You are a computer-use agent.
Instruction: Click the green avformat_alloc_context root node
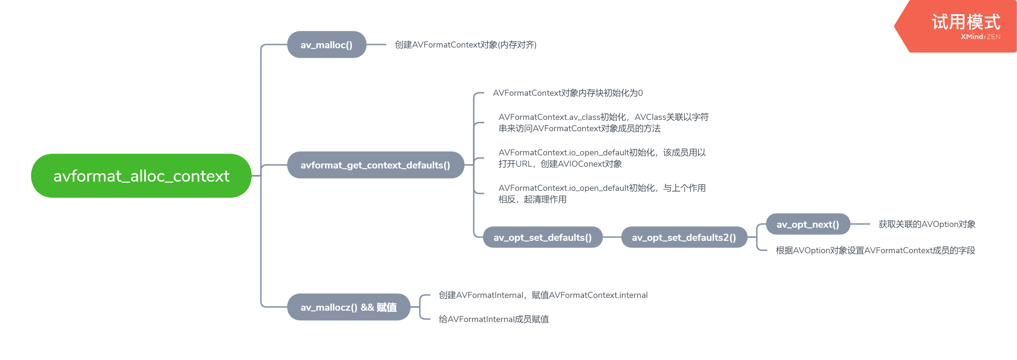coord(141,176)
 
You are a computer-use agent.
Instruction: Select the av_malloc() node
coord(326,45)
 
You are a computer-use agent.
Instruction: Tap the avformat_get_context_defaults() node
coord(375,165)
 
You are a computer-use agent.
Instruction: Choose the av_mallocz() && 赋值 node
coord(348,307)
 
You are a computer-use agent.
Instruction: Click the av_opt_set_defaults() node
coord(542,237)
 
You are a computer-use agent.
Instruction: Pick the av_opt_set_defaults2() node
coord(684,237)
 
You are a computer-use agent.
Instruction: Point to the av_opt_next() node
coord(807,224)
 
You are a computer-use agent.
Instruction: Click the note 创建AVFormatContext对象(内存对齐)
coord(465,45)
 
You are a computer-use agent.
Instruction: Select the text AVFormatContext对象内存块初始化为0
coord(567,93)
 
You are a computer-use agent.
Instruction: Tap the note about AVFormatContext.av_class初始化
coord(603,122)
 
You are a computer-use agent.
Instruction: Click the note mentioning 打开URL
coord(602,158)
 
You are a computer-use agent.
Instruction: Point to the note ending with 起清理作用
coord(602,193)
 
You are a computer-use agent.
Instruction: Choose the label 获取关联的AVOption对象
coord(927,224)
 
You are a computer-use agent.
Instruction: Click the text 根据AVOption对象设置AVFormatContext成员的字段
coord(875,250)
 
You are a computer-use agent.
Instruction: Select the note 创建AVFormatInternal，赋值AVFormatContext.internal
coord(543,295)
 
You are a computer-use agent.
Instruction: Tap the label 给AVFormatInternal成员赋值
coord(493,319)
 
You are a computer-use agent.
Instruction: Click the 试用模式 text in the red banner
coord(966,22)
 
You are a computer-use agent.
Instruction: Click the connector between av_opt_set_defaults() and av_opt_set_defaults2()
coord(612,237)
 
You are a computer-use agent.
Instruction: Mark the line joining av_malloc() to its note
coord(376,45)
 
